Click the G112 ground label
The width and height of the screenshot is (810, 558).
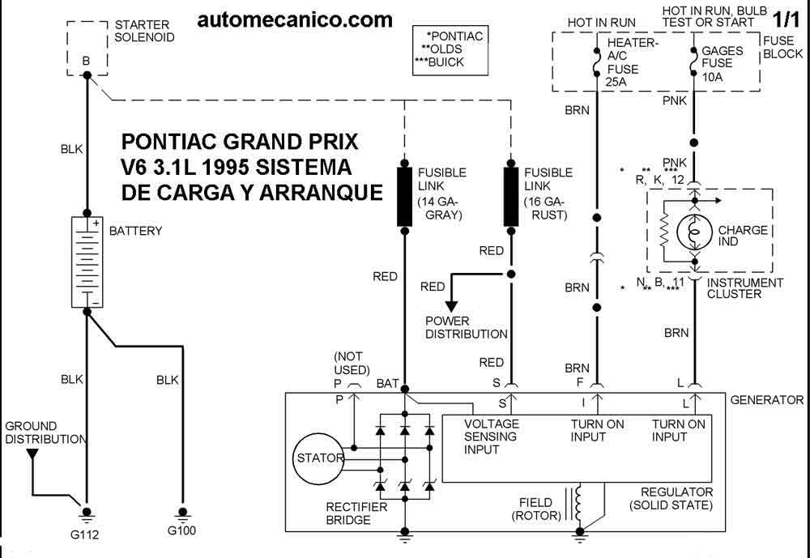(x=84, y=535)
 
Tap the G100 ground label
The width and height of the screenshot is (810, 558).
(x=181, y=530)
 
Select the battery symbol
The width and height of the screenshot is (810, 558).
(x=87, y=262)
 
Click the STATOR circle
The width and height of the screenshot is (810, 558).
(x=318, y=458)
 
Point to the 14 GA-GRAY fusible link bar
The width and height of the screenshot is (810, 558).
(x=404, y=196)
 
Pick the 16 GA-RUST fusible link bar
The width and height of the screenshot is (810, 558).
(x=511, y=196)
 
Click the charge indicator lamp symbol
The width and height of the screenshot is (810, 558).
(x=695, y=231)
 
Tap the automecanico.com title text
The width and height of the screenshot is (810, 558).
(x=295, y=20)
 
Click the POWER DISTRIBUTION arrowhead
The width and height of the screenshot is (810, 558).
(x=452, y=306)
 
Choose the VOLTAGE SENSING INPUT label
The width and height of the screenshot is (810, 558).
(x=491, y=437)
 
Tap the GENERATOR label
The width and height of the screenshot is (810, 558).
(x=766, y=400)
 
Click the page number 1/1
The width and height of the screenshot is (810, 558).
(x=786, y=19)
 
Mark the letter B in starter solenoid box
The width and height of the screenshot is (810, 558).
(x=86, y=61)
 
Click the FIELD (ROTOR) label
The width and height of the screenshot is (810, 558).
(x=535, y=509)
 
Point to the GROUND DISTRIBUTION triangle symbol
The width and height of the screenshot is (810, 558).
(x=32, y=454)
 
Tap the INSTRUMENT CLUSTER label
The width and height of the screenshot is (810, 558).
(x=745, y=288)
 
